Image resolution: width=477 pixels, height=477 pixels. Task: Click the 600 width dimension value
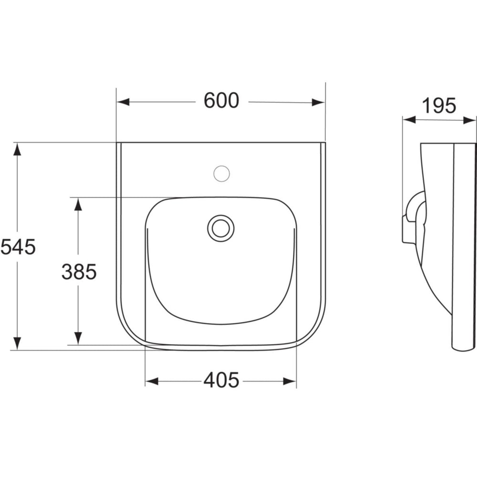point(221,101)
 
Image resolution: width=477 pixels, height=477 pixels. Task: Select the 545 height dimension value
point(18,247)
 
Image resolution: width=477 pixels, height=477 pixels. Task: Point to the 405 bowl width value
point(221,380)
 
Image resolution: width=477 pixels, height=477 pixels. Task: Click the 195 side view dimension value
point(439,105)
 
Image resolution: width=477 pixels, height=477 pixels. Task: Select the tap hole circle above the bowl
point(221,173)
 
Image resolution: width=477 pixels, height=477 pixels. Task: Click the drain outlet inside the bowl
point(221,228)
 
